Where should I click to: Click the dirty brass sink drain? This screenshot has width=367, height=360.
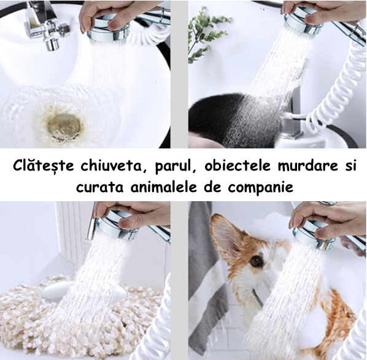(x=65, y=126)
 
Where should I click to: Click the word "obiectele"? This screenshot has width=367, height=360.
(x=238, y=165)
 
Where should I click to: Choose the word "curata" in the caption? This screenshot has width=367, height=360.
(x=99, y=188)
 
